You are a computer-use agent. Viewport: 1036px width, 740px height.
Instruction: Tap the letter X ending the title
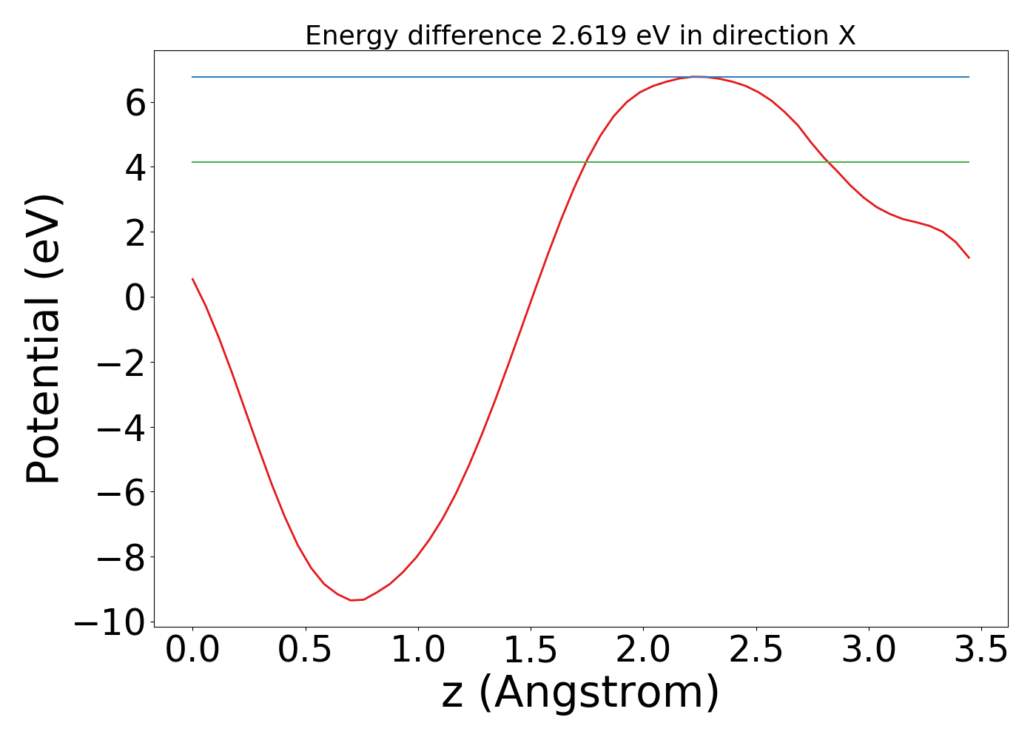[x=847, y=36]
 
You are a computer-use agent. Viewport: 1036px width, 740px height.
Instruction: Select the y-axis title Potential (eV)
[x=44, y=339]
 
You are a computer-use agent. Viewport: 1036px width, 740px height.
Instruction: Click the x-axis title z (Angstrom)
[x=580, y=693]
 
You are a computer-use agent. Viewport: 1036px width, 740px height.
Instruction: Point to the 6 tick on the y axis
[x=135, y=102]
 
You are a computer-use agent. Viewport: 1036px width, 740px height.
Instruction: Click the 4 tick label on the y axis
[x=135, y=167]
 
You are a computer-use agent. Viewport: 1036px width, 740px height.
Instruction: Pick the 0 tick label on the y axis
[x=135, y=297]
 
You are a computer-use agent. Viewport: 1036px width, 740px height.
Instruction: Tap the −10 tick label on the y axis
[x=110, y=623]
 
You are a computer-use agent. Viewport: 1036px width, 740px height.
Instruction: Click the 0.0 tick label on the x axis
[x=192, y=650]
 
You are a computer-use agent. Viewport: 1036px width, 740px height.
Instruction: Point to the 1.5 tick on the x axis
[x=531, y=650]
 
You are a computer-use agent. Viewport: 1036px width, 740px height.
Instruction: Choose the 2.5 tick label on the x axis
[x=756, y=650]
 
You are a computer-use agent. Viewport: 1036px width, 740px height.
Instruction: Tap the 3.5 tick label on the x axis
[x=981, y=650]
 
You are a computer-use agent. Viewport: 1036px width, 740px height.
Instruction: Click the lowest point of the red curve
[x=352, y=600]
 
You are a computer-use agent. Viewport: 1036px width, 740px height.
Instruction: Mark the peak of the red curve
[x=696, y=76]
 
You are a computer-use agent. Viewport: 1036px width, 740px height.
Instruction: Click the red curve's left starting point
[x=192, y=279]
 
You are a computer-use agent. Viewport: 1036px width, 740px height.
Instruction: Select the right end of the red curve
[x=969, y=258]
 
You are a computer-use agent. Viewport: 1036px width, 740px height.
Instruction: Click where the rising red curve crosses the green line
[x=586, y=161]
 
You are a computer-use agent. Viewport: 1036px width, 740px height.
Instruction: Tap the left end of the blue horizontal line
[x=192, y=77]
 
